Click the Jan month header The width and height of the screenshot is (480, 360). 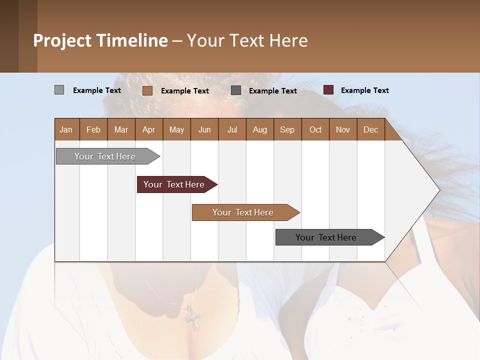pyautogui.click(x=66, y=129)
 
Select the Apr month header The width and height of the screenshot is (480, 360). pyautogui.click(x=148, y=129)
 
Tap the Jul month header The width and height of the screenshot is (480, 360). pyautogui.click(x=232, y=129)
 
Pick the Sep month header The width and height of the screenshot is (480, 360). pyautogui.click(x=287, y=129)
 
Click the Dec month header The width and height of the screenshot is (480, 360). pyautogui.click(x=370, y=129)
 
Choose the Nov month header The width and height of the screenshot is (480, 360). pyautogui.click(x=342, y=129)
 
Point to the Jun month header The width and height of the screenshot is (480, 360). pyautogui.click(x=204, y=129)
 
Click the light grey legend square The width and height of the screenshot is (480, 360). pyautogui.click(x=59, y=90)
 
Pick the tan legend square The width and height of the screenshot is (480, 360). pyautogui.click(x=147, y=90)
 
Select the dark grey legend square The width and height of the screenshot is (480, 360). pyautogui.click(x=236, y=90)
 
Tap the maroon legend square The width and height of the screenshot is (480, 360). pyautogui.click(x=328, y=90)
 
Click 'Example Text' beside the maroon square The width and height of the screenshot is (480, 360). pyautogui.click(x=364, y=90)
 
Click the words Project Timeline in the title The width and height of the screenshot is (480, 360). pyautogui.click(x=100, y=40)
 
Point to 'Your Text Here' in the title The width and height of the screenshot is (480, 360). pyautogui.click(x=247, y=40)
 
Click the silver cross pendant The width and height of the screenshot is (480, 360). pyautogui.click(x=192, y=316)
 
